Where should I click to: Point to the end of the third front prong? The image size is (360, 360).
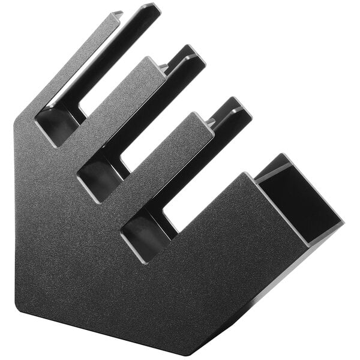[201, 121]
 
